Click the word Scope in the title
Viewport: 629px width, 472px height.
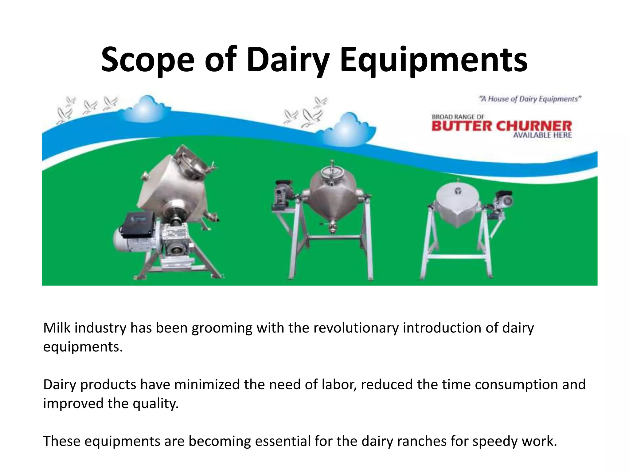pos(148,60)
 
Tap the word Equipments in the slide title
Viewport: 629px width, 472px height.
pos(433,60)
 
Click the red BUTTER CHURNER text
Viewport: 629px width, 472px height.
pos(502,126)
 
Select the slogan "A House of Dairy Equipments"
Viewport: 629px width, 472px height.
pos(530,99)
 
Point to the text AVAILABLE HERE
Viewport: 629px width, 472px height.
pos(542,135)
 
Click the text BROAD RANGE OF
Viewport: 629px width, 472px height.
pos(458,117)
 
